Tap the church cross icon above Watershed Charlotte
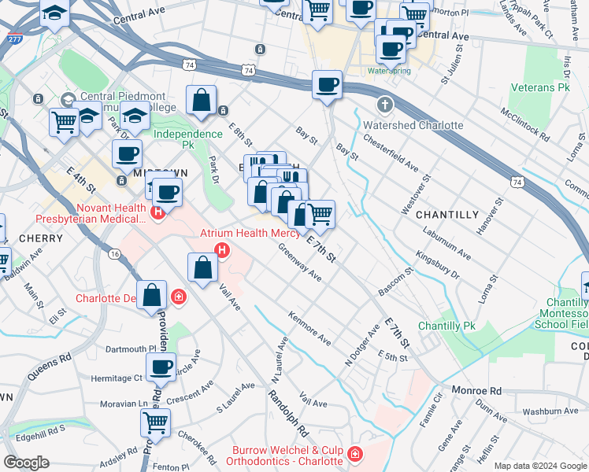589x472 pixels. point(384,105)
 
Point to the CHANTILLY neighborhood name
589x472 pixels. point(446,214)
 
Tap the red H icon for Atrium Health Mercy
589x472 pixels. point(223,252)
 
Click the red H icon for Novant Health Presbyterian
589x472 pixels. point(158,211)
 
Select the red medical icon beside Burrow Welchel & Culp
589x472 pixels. point(355,455)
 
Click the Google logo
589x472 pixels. point(27,463)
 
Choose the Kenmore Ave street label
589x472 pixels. point(309,330)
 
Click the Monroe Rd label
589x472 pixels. point(476,390)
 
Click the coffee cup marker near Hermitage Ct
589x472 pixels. point(161,367)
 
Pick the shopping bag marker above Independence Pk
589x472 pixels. point(202,101)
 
